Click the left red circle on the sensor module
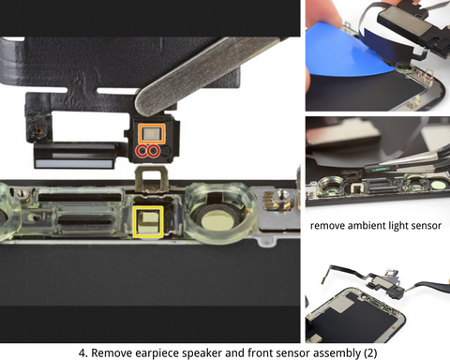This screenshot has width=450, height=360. pyautogui.click(x=143, y=150)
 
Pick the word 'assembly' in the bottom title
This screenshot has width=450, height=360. pyautogui.click(x=328, y=352)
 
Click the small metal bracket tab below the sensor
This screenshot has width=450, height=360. pyautogui.click(x=147, y=176)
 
